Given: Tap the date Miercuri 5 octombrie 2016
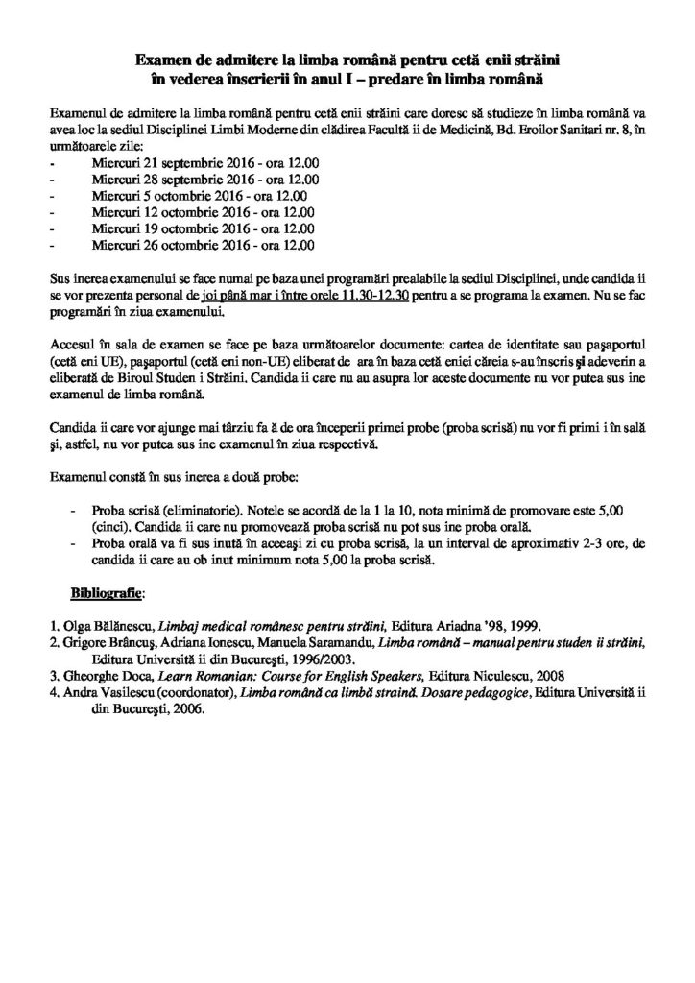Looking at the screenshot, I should coord(157,197).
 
